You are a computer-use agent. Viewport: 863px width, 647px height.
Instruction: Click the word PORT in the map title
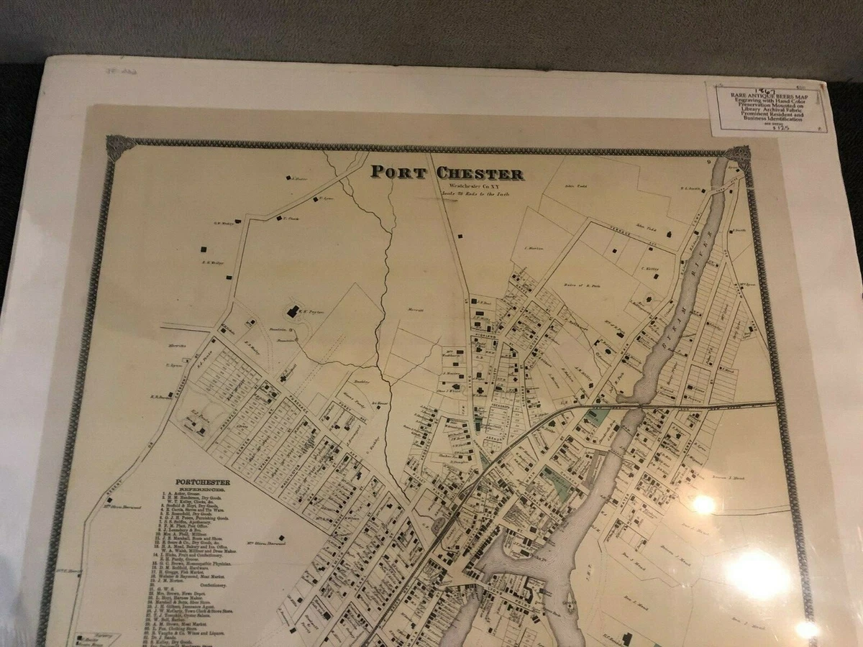click(x=396, y=173)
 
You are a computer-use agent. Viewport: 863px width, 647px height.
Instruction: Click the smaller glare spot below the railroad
click(x=704, y=505)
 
